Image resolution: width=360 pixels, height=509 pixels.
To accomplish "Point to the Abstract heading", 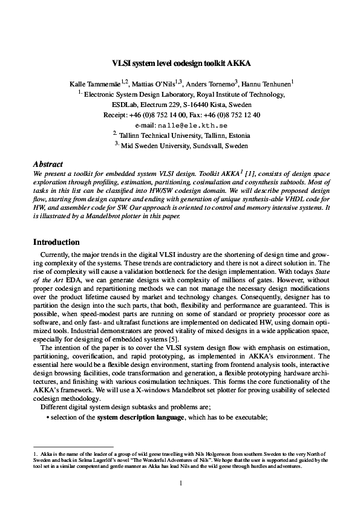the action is coord(49,164).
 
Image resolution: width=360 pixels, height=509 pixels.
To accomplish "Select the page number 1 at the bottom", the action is coord(180,482).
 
